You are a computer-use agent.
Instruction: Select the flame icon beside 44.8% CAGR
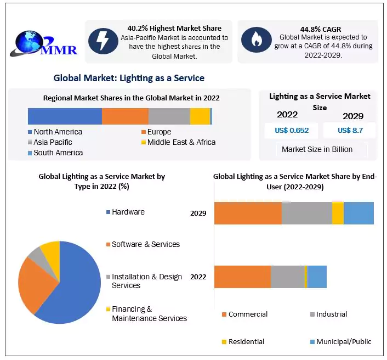pyautogui.click(x=256, y=39)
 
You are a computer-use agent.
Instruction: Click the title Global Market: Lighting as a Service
pyautogui.click(x=129, y=78)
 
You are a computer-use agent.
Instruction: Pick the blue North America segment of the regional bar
pyautogui.click(x=65, y=116)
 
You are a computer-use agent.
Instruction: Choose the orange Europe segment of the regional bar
pyautogui.click(x=125, y=116)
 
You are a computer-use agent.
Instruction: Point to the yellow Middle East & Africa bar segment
pyautogui.click(x=200, y=116)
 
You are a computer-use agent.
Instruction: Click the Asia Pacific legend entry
pyautogui.click(x=53, y=142)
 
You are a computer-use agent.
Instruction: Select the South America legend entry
pyautogui.click(x=58, y=153)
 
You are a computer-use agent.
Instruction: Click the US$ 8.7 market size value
pyautogui.click(x=349, y=130)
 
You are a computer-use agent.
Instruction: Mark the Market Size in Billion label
pyautogui.click(x=317, y=149)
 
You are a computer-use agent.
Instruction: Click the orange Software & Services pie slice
pyautogui.click(x=34, y=283)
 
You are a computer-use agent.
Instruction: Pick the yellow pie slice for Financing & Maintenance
pyautogui.click(x=51, y=250)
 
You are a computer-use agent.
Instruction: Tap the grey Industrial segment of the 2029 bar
pyautogui.click(x=306, y=213)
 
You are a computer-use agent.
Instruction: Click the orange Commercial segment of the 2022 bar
pyautogui.click(x=242, y=277)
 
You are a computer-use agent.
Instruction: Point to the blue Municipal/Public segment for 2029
pyautogui.click(x=358, y=213)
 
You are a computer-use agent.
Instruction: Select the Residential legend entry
pyautogui.click(x=246, y=341)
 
